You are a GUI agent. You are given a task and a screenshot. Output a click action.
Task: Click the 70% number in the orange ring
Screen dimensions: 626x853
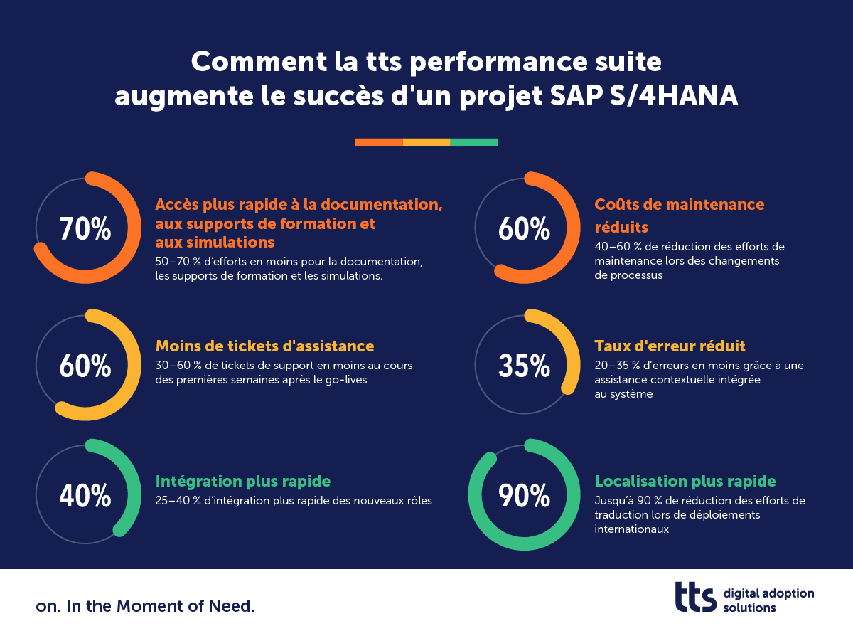(x=85, y=230)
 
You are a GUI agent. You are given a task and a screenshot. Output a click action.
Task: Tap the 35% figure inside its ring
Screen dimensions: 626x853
(x=525, y=366)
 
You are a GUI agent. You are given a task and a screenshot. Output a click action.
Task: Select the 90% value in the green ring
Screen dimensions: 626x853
(x=525, y=497)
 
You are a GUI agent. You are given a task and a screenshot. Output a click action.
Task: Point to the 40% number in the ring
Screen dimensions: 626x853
(x=85, y=497)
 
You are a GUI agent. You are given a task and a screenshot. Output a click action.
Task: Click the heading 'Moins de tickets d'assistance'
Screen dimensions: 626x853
(x=264, y=346)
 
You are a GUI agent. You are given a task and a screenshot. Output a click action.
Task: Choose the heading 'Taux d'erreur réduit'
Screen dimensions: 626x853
(x=670, y=346)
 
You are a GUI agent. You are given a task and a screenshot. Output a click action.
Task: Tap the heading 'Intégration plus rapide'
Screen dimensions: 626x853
(x=243, y=481)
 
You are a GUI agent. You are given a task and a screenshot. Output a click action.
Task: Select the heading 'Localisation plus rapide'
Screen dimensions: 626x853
(x=685, y=481)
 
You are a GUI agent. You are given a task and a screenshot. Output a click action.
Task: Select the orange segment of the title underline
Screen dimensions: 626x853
(x=379, y=142)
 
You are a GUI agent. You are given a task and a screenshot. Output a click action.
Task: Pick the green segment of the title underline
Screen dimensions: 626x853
(x=474, y=142)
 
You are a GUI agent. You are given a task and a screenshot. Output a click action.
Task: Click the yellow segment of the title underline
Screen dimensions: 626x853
(x=426, y=142)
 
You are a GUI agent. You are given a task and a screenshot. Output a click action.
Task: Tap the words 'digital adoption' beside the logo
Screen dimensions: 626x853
(x=768, y=593)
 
